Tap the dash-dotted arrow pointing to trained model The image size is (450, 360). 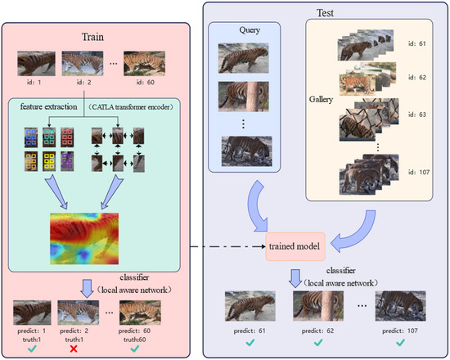pos(229,244)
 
